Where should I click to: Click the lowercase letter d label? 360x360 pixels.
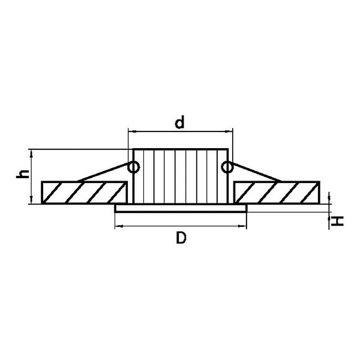tap(179, 122)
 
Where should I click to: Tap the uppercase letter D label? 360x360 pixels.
tap(181, 238)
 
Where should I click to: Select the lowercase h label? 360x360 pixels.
tap(23, 174)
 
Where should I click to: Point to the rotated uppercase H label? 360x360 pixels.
tap(337, 221)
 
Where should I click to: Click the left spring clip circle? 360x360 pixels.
tap(133, 167)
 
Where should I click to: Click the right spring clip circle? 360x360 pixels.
tap(227, 167)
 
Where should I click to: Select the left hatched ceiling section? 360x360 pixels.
tap(84, 193)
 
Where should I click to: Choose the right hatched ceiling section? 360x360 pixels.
tap(277, 193)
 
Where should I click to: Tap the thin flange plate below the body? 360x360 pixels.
tap(181, 208)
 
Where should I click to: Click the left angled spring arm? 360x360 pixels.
tap(103, 172)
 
